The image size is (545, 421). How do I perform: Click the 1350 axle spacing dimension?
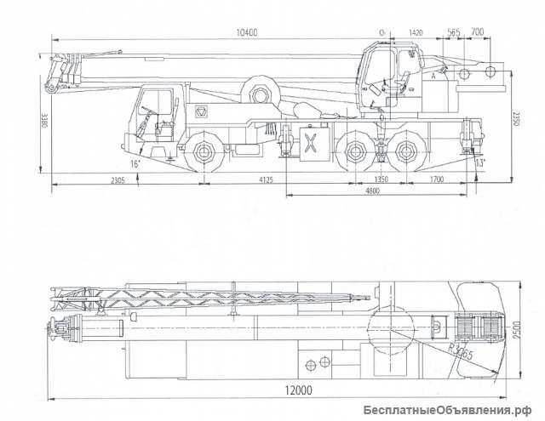[x=380, y=179]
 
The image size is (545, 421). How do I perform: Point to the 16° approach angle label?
[x=135, y=162]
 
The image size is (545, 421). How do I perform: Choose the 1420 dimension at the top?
[x=416, y=32]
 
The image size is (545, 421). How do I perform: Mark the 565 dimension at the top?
[x=453, y=32]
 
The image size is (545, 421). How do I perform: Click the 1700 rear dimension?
[x=436, y=179]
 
